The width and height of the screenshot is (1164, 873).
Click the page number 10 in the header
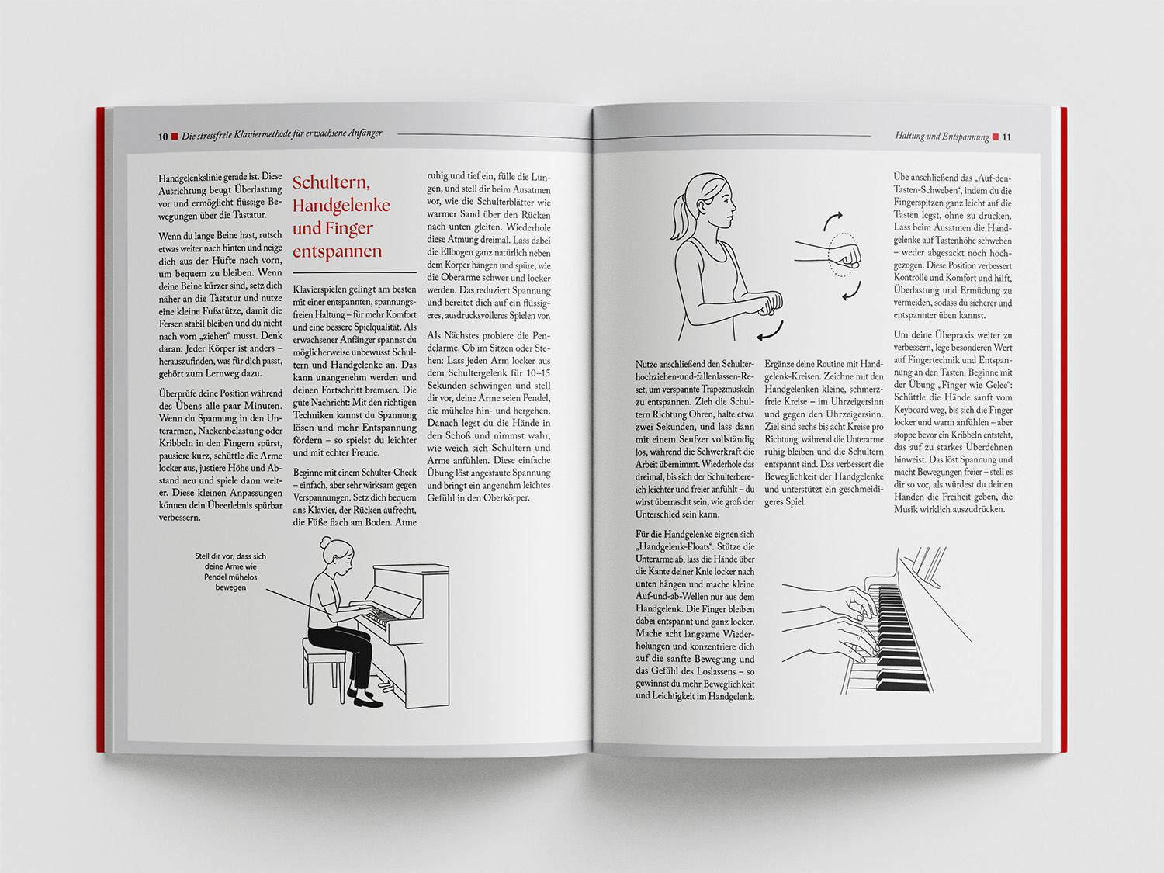click(x=163, y=137)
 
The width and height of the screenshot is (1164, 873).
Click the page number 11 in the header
click(x=1006, y=137)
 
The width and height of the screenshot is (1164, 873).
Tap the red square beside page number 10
click(x=175, y=137)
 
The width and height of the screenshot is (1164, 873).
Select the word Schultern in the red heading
click(x=331, y=182)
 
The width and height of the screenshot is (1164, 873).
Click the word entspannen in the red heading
click(x=337, y=251)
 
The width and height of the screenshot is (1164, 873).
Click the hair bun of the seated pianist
click(x=325, y=542)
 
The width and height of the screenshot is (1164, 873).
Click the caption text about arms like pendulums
click(x=230, y=571)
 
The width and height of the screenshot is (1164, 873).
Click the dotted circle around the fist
click(x=843, y=255)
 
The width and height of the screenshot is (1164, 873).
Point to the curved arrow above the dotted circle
click(x=831, y=220)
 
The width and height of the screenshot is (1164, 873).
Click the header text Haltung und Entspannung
click(x=942, y=137)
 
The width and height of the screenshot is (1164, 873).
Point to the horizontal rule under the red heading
click(x=354, y=272)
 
